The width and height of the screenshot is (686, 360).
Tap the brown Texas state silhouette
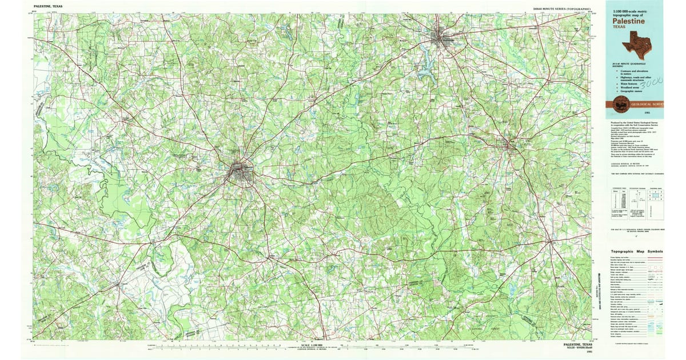[639, 43]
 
